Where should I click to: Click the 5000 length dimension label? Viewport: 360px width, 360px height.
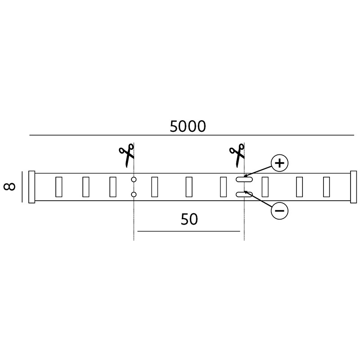(188, 126)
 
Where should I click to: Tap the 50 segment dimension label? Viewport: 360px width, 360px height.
(189, 219)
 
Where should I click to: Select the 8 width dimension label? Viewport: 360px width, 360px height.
(9, 187)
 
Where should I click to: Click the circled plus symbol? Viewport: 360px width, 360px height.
(279, 163)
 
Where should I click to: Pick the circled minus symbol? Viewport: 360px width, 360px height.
(279, 211)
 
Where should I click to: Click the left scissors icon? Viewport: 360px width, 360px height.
(126, 155)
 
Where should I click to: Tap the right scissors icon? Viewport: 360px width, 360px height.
(237, 155)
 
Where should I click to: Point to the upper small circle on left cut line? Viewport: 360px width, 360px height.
(134, 179)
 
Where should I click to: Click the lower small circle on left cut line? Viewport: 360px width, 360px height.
(134, 195)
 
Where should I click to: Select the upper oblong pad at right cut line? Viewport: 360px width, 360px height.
(244, 180)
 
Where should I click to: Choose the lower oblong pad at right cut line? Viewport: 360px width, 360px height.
(244, 195)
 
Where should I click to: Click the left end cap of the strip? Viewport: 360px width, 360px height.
(31, 187)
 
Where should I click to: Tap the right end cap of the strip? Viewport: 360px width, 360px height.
(354, 187)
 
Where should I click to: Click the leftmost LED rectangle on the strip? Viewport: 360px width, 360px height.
(59, 187)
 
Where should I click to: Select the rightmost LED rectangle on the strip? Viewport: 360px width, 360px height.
(327, 187)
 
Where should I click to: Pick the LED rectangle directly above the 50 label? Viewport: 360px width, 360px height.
(189, 187)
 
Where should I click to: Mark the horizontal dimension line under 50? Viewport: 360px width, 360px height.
(189, 231)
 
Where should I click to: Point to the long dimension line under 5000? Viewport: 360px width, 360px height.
(192, 135)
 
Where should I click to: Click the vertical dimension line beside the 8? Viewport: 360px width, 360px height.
(22, 187)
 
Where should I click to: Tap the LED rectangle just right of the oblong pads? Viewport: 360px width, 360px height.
(265, 187)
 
